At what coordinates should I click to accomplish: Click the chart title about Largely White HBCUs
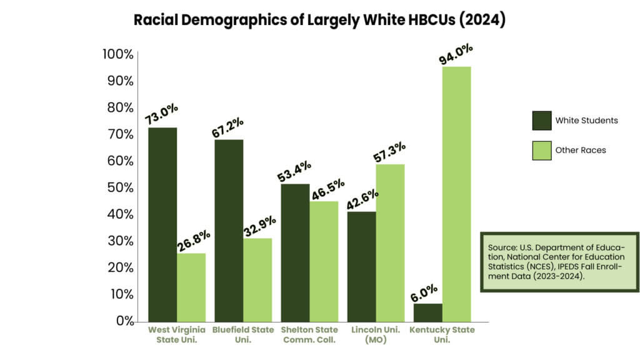coord(319,20)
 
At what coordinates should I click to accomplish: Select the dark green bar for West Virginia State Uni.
coord(162,225)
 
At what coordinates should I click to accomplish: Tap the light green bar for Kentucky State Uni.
coord(456,194)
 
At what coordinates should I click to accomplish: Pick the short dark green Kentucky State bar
coord(427,312)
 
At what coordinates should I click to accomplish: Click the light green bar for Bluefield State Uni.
coord(257,279)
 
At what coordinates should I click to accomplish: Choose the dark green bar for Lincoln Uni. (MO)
coord(361,266)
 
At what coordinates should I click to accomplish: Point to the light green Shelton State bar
coord(324,261)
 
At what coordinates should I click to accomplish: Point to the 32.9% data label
coord(259,226)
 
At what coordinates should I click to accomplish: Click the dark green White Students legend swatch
coord(541,120)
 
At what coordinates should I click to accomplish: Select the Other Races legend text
coord(581,150)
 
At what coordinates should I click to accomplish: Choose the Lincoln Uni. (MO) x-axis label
coord(375,335)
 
